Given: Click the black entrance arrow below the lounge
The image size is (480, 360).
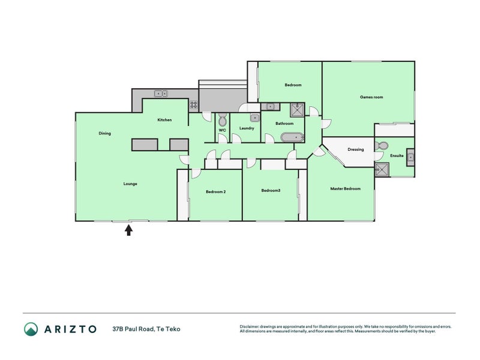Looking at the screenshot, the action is point(128,230).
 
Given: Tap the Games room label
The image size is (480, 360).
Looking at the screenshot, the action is point(371,97).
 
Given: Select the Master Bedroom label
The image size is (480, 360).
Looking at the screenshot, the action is point(346,188).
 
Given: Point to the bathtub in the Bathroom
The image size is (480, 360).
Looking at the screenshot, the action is point(292,137).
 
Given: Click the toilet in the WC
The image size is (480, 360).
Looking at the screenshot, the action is point(223,119).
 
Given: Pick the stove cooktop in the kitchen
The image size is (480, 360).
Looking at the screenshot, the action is point(193,105).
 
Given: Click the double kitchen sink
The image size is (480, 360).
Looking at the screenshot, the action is point(161,94).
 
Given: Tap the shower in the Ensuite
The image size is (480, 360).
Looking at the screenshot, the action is point(382,170).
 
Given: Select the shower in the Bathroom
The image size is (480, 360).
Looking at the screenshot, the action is point(297,110).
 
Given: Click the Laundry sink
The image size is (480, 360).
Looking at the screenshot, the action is point(254,118).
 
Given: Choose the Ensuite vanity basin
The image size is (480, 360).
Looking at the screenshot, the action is point(410,157).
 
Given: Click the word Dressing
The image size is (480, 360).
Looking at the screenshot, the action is point(356,149).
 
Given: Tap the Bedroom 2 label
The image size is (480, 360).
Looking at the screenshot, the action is point(216,191).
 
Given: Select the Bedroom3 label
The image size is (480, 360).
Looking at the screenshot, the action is point(271,190).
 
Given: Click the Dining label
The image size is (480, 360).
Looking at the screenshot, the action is point(104,133).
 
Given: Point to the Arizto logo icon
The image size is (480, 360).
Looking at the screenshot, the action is point(31,329).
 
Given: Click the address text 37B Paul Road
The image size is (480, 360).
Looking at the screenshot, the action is point(133,329).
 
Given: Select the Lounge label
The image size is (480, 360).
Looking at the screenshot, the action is point(130,184).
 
